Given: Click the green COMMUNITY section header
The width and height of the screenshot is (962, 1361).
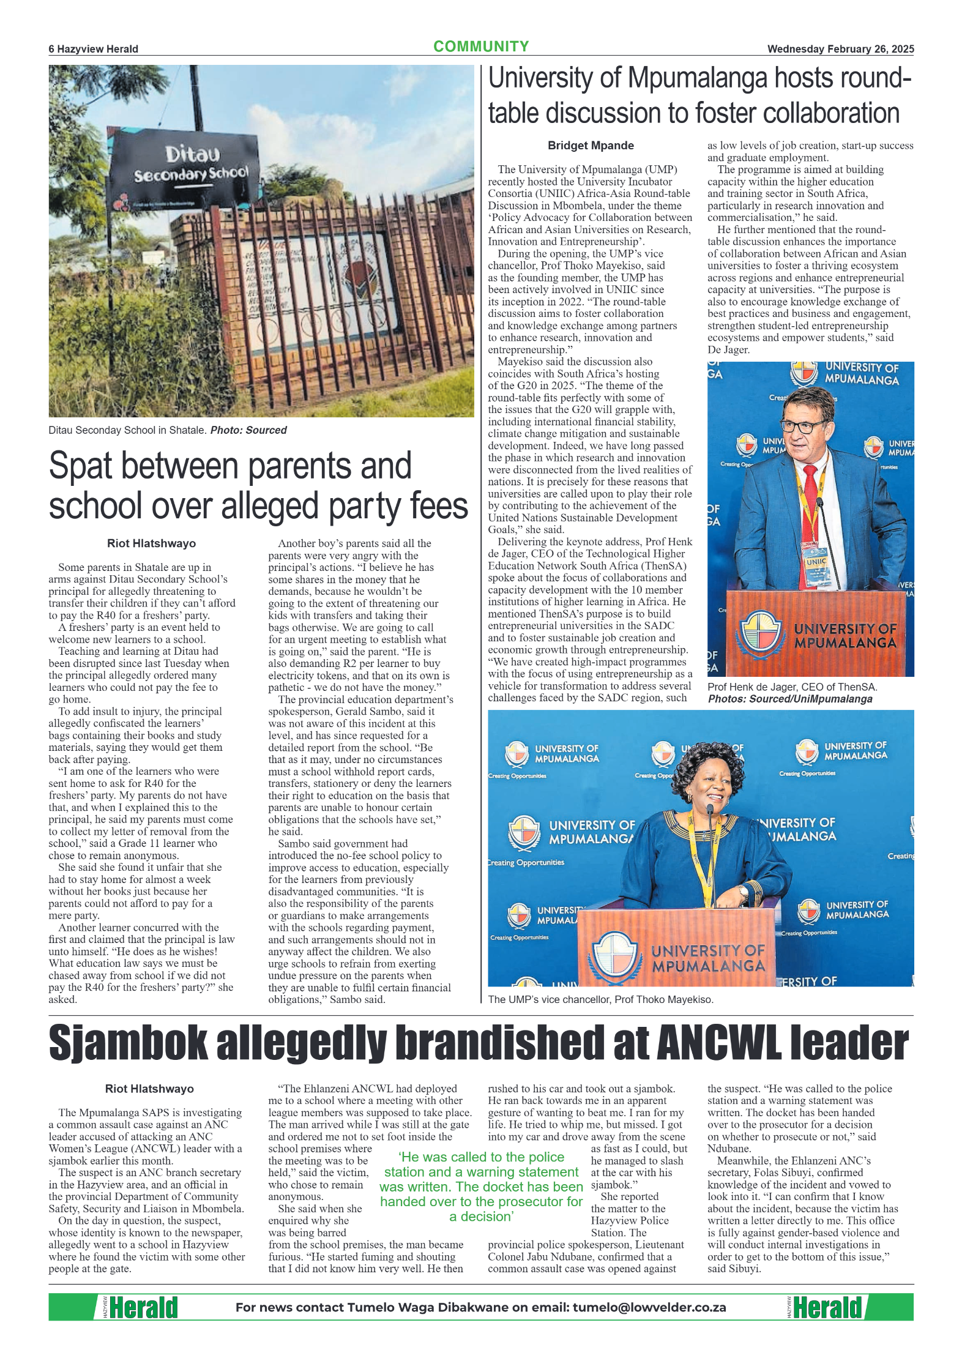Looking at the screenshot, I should coord(480,47).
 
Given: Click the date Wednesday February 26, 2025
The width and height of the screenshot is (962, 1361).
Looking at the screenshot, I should coord(840,49).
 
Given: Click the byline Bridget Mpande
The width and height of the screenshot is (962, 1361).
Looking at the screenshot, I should coord(590,146).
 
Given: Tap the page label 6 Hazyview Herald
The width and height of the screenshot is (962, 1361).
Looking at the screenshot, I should coord(93,49).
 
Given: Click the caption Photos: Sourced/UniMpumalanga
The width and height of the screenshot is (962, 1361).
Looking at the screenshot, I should coord(789,699).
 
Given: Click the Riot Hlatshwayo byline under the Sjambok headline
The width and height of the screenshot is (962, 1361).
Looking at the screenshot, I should coord(149,1089).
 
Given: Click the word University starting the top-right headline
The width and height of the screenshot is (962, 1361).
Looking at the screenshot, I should coord(553,80).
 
